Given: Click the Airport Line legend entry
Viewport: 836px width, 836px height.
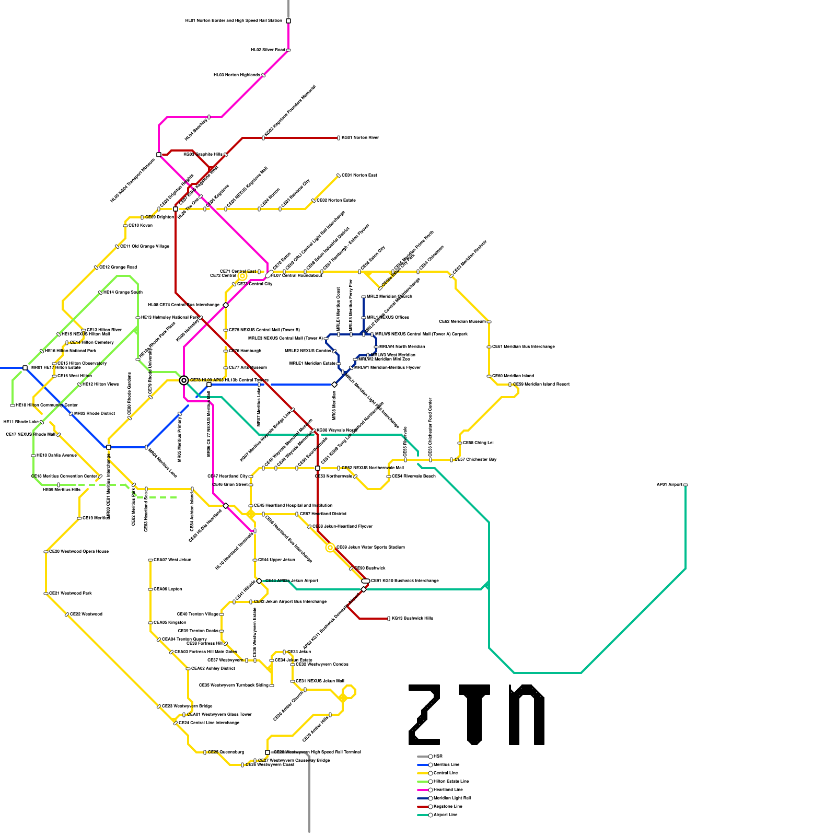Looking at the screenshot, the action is click(445, 815).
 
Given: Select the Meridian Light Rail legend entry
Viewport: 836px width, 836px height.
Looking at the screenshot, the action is click(451, 798).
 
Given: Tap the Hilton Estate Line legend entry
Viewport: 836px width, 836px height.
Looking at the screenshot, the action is click(450, 781).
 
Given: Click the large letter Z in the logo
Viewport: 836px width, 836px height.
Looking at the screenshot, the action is click(424, 714).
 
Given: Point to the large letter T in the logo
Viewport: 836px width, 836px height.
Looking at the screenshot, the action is click(474, 714).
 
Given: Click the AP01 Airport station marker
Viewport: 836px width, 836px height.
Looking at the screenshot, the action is click(686, 485).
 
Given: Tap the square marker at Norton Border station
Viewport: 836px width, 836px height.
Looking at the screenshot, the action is click(288, 21).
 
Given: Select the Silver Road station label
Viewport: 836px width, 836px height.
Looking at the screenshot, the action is click(268, 50).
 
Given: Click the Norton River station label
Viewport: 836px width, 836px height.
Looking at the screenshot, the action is click(360, 138).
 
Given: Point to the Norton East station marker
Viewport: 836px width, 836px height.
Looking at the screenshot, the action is click(339, 176).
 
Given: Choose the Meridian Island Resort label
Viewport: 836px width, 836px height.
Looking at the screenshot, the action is click(541, 385).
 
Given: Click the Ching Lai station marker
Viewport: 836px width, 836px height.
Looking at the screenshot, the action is click(460, 443).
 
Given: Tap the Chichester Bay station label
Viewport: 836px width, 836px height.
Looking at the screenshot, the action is click(475, 460).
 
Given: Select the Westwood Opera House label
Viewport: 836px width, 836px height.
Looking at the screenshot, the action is click(79, 552).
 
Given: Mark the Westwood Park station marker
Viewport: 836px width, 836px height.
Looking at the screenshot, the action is click(46, 594).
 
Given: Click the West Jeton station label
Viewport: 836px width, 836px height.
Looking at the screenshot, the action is click(172, 560).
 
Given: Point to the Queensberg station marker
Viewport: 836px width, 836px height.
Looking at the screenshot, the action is click(205, 752).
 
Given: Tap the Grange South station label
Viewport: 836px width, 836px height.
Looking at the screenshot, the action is click(123, 293).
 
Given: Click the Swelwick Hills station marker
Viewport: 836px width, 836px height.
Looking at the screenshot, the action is click(389, 619).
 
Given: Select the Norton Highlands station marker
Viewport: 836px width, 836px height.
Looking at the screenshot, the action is click(263, 75).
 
